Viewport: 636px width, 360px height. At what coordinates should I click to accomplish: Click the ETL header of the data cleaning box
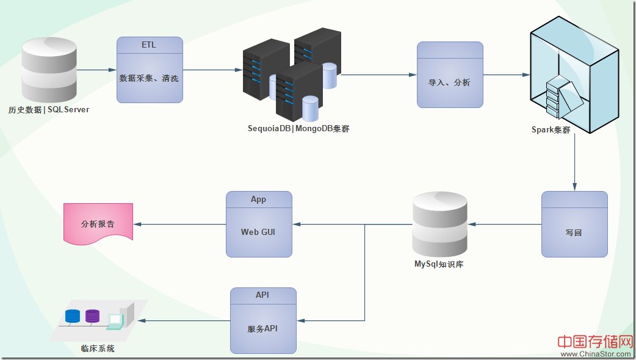(x=150, y=45)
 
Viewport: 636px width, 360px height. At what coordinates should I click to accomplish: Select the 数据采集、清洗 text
(x=150, y=78)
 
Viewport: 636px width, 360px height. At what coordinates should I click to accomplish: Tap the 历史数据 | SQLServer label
(x=49, y=110)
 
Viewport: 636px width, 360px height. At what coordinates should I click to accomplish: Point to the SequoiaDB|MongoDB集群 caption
(x=298, y=129)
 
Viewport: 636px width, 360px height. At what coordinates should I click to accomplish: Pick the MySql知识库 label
(x=439, y=264)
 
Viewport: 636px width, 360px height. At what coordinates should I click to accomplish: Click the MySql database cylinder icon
(x=439, y=224)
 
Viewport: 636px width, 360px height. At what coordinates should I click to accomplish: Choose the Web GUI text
(x=259, y=232)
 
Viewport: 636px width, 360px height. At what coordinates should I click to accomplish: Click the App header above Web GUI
(x=259, y=200)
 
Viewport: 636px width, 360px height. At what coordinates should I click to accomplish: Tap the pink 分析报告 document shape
(x=98, y=224)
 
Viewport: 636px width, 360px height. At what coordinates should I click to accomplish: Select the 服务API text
(x=263, y=328)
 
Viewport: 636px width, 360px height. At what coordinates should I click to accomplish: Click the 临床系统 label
(x=98, y=349)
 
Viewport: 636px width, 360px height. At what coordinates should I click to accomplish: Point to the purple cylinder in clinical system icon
(x=92, y=316)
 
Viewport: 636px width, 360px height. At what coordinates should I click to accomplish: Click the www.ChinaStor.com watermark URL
(x=596, y=353)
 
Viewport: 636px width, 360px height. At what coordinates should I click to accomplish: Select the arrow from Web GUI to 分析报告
(x=180, y=224)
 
